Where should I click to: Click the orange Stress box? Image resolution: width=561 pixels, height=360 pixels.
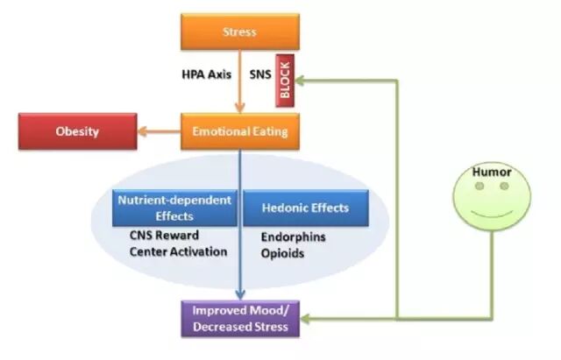coord(240,32)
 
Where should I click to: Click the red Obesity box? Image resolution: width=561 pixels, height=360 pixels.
coord(77,133)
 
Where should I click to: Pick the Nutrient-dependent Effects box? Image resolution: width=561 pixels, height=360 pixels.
coord(174,207)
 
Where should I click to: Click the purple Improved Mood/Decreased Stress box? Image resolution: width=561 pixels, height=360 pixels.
coord(240,321)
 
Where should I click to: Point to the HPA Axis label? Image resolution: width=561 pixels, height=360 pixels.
coord(205,75)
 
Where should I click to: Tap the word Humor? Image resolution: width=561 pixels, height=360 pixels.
coord(491,173)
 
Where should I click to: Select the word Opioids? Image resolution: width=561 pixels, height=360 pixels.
coord(282,253)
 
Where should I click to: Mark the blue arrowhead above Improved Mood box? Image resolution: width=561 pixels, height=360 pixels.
coord(240,295)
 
